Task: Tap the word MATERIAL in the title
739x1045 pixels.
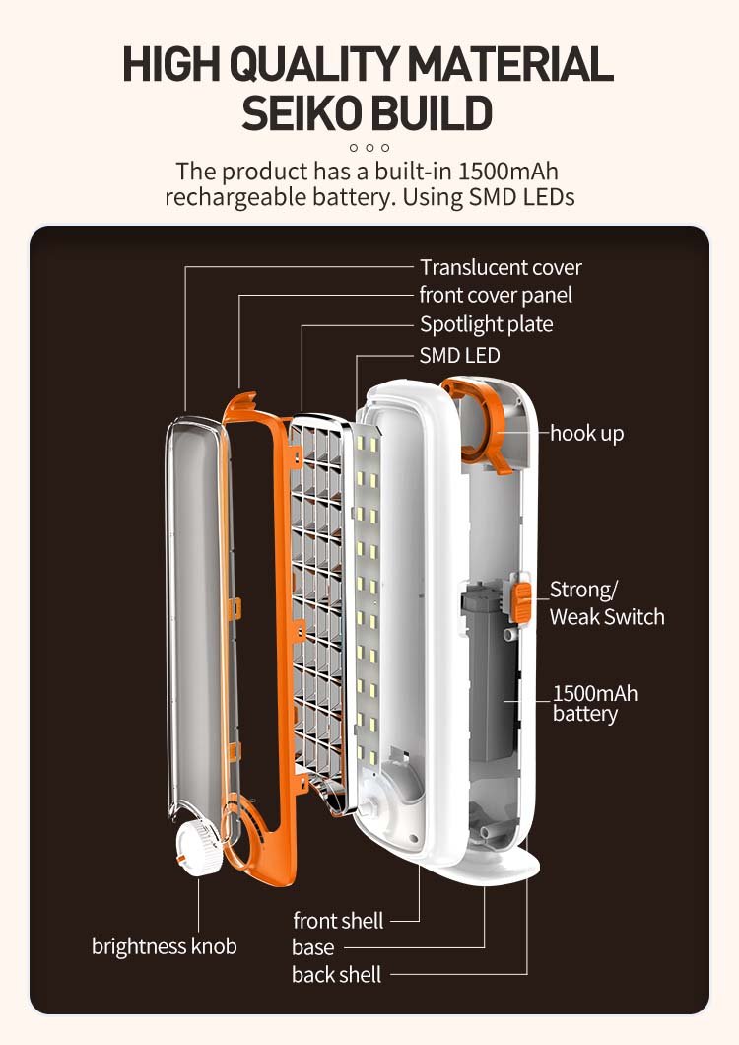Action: (x=510, y=65)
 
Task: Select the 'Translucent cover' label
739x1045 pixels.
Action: (x=501, y=267)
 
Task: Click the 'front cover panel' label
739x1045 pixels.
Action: (x=496, y=295)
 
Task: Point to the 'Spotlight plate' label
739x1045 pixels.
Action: (x=487, y=324)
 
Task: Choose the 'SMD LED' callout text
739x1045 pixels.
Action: (x=460, y=355)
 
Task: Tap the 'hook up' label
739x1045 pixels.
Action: (x=586, y=433)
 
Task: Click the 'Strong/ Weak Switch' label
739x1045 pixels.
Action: (x=606, y=603)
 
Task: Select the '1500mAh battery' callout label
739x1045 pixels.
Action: (x=594, y=703)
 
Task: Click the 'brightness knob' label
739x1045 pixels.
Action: (x=165, y=946)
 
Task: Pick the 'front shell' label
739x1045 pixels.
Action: (x=338, y=921)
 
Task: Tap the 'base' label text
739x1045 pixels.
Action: (x=313, y=947)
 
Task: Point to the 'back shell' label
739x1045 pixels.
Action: (x=336, y=975)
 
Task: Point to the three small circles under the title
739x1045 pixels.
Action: (x=369, y=148)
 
